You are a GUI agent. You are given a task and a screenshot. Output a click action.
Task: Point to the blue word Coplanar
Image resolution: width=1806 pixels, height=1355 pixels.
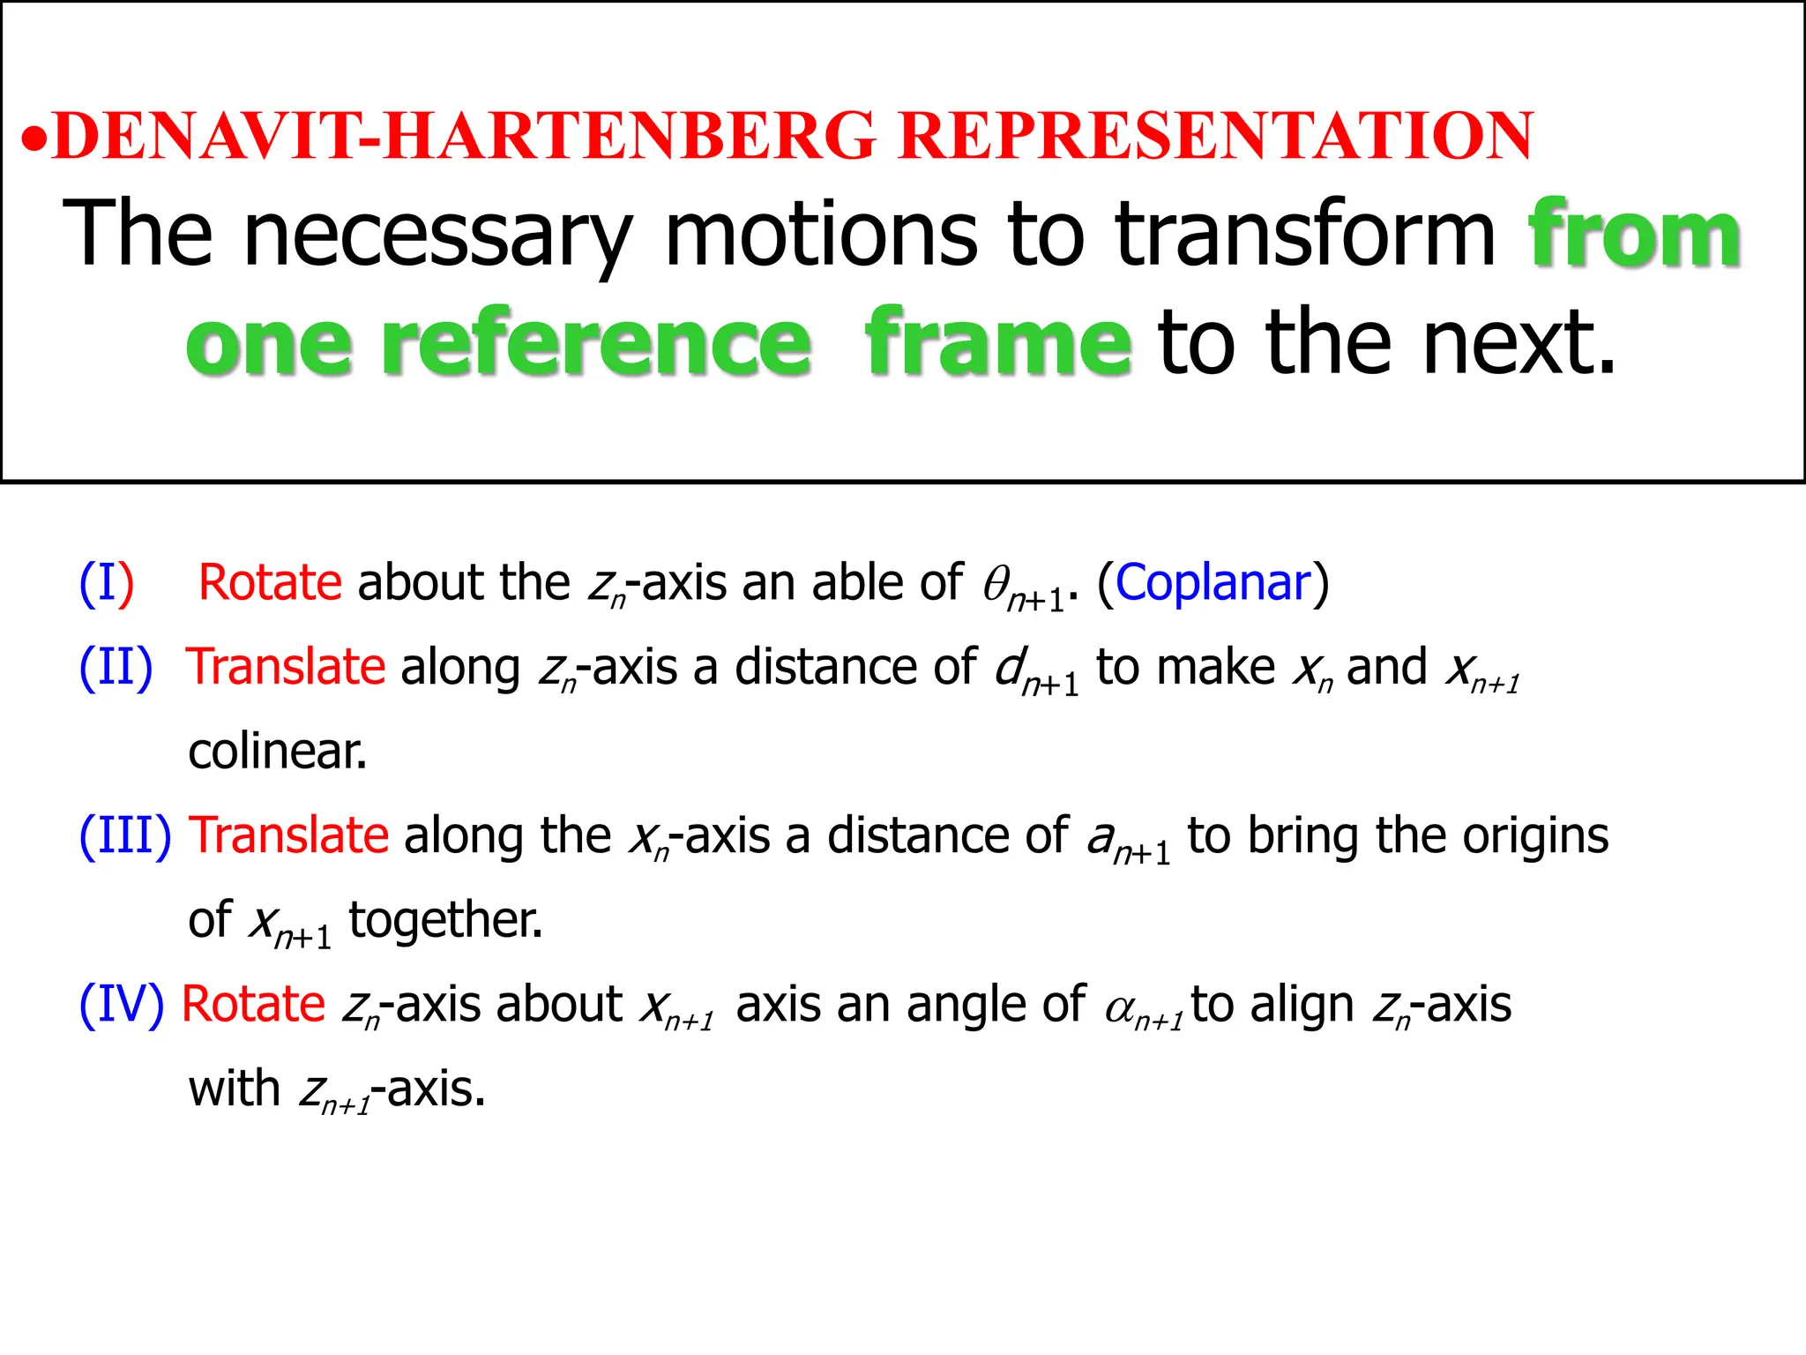tap(1213, 583)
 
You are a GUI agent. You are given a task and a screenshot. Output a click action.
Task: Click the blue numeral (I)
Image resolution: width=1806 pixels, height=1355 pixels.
tap(107, 583)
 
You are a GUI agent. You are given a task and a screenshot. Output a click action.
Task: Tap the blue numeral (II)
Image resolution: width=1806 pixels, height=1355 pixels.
tap(116, 667)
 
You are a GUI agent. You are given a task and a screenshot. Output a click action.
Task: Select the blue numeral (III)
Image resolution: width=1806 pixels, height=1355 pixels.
tap(125, 835)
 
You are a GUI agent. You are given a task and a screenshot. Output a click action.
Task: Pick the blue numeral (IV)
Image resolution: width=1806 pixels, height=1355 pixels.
tap(122, 1005)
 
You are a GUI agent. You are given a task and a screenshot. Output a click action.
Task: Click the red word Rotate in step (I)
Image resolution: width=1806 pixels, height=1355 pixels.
tap(270, 583)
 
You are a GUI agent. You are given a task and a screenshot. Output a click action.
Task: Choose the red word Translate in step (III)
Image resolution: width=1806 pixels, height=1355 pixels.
tap(289, 835)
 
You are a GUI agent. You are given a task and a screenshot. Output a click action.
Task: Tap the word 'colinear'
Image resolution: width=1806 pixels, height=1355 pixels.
tap(277, 752)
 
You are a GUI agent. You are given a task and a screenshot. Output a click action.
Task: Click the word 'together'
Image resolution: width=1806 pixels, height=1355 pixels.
tap(445, 920)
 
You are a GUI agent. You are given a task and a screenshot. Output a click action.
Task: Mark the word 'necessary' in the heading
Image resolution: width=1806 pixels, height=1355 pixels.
tap(438, 236)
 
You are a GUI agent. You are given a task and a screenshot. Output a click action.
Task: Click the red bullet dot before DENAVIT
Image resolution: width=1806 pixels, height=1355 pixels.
tap(34, 139)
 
